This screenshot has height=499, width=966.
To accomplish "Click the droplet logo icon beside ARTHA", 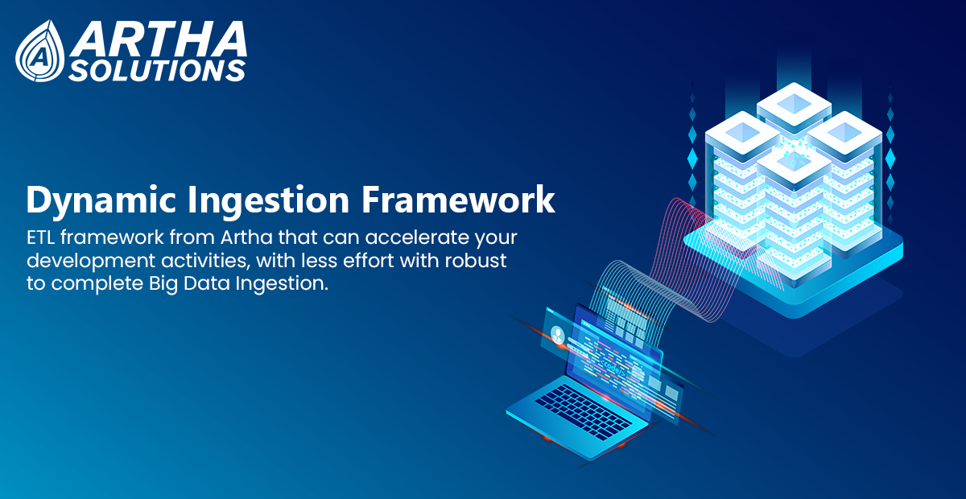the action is pos(40,51).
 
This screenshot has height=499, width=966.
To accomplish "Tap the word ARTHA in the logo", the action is pos(159,39).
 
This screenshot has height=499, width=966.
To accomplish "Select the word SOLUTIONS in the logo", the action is pos(157,70).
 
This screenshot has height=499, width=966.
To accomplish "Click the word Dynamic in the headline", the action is pos(101,200).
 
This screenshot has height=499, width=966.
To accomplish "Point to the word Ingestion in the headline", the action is pos(268,200).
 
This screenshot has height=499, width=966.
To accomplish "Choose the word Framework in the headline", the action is pos(458,200).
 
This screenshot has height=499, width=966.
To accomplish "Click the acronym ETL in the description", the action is pos(40,237).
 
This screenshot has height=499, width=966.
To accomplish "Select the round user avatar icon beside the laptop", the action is pos(558,334).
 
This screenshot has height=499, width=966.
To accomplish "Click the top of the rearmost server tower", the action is pos(794,103).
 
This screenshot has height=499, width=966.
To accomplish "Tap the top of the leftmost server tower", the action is pos(742,132).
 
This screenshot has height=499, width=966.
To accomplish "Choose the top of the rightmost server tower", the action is pos(844,132).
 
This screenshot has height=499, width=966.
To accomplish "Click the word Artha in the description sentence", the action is pos(246,237).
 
